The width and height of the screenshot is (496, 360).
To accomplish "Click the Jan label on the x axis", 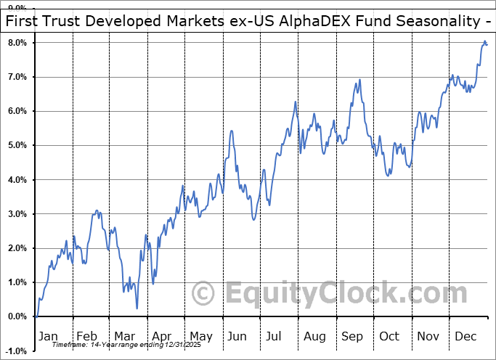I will (47, 336).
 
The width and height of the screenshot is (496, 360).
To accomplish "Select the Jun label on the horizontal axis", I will (237, 336).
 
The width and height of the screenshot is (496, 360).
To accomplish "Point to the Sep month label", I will (353, 336).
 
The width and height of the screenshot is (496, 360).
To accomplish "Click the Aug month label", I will (314, 336).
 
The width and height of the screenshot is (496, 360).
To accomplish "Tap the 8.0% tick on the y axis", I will (17, 43).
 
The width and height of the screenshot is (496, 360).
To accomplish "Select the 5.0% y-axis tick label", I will (17, 145).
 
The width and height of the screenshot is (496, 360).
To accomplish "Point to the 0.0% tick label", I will (17, 316).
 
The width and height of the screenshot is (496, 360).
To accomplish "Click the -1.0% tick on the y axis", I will (15, 351).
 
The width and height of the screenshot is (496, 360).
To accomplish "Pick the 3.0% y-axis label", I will (17, 214).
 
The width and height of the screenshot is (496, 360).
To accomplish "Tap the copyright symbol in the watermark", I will (203, 294).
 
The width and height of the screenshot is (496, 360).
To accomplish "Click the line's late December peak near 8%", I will (484, 43).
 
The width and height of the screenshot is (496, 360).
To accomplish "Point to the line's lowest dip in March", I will (137, 308).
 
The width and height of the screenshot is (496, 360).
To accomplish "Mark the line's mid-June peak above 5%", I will (231, 131).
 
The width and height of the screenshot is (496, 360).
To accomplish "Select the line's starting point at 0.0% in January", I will (35, 316).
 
